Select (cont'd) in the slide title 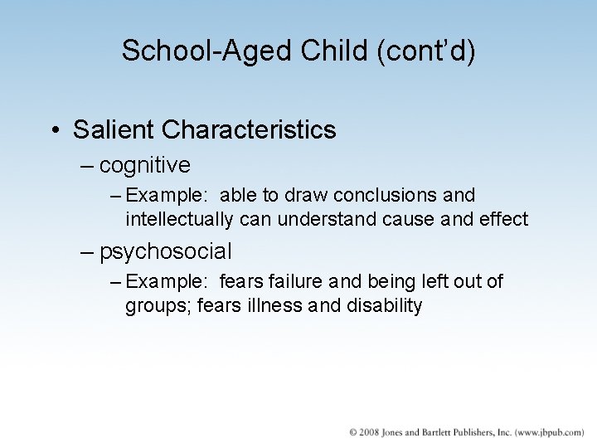[x=425, y=51]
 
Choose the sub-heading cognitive [x=145, y=166]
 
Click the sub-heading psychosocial [x=166, y=251]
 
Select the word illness [x=269, y=306]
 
